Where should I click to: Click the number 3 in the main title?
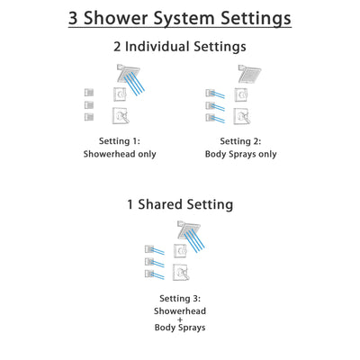pyautogui.click(x=75, y=18)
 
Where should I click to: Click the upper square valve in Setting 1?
pyautogui.click(x=120, y=94)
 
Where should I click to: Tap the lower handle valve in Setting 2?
pyautogui.click(x=242, y=115)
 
